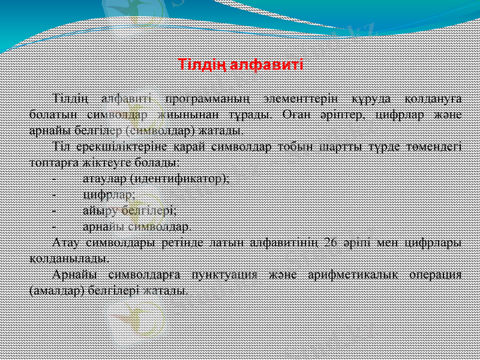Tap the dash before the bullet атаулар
(x=55, y=178)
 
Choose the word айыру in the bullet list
(x=98, y=211)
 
